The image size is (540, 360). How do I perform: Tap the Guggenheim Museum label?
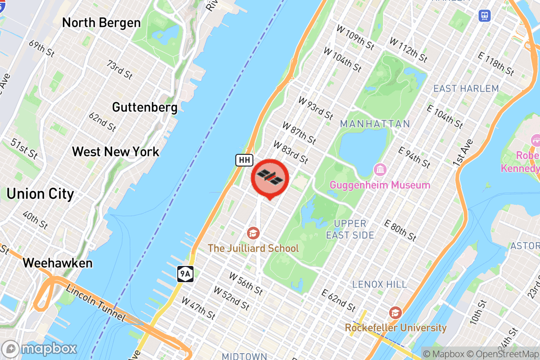tap(380, 185)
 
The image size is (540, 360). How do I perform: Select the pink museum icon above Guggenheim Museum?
tap(380, 170)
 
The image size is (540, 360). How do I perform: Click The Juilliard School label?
tap(253, 248)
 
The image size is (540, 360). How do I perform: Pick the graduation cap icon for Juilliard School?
tap(253, 233)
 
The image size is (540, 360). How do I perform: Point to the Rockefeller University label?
tap(396, 328)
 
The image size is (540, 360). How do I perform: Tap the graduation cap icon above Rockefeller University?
tap(395, 313)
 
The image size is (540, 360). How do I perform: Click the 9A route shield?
tap(185, 273)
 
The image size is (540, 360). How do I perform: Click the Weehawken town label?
tap(58, 263)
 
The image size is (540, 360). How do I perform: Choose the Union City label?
tap(40, 194)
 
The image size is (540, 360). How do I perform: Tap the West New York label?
tap(116, 151)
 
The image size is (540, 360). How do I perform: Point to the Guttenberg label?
tap(144, 107)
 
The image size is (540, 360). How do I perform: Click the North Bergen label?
tap(101, 22)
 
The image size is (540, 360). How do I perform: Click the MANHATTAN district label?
tap(375, 124)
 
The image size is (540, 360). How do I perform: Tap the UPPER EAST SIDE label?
tap(350, 229)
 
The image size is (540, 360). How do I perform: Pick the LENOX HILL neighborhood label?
tap(379, 284)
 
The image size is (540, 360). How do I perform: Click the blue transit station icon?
tap(485, 16)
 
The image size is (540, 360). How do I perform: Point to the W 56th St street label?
tap(246, 283)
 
